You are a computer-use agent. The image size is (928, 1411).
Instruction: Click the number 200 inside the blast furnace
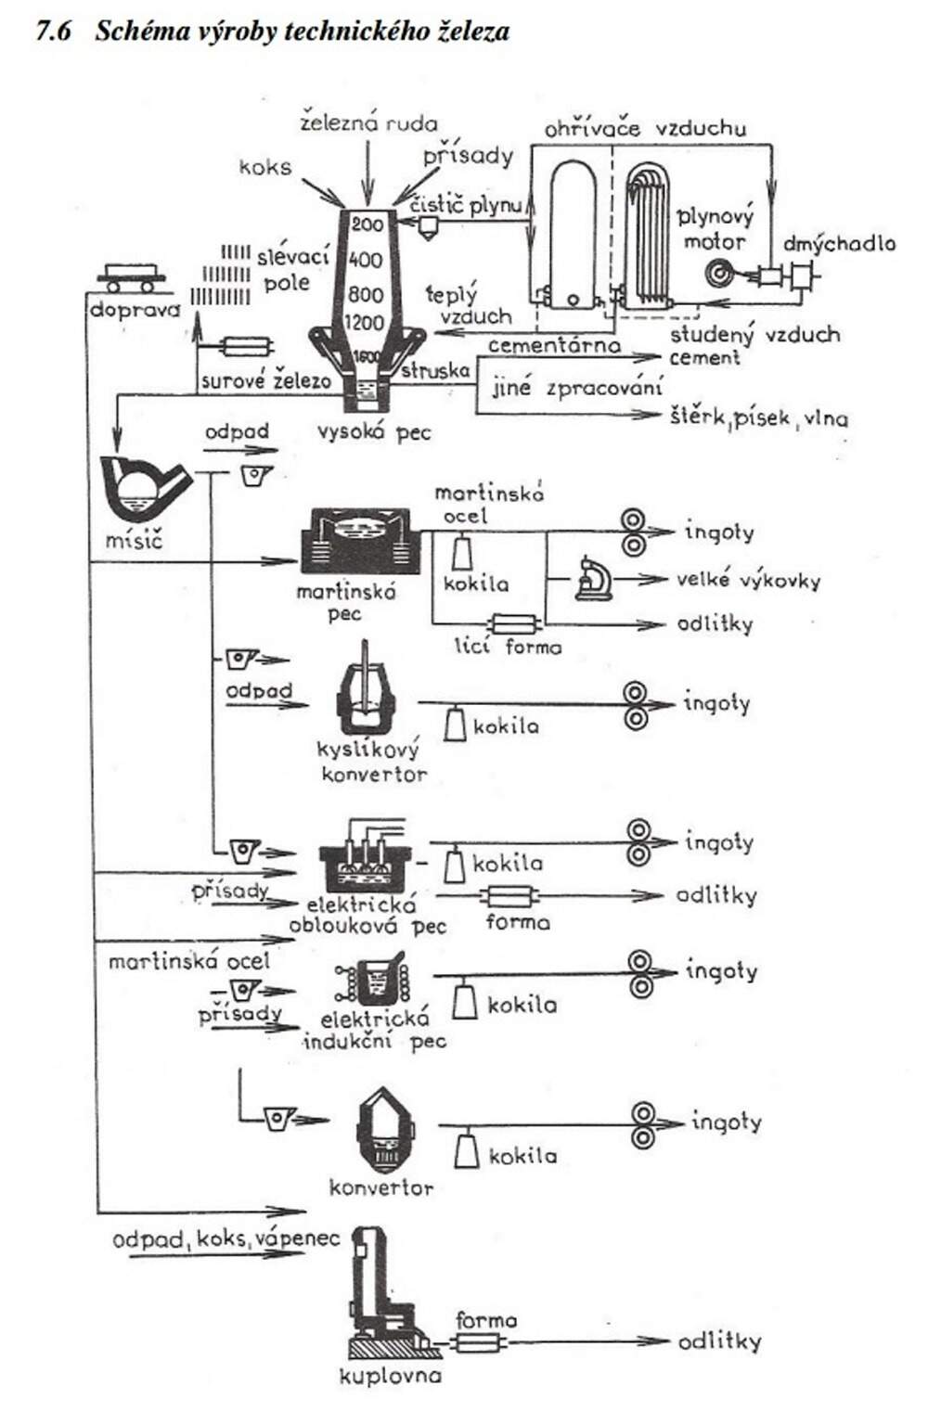coord(367,224)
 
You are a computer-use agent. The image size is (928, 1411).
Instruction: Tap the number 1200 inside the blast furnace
coord(365,323)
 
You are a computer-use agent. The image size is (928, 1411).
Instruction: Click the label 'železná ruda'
coord(368,122)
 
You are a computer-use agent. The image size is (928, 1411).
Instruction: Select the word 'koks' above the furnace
coord(265,168)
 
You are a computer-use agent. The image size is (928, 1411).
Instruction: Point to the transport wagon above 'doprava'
coord(132,275)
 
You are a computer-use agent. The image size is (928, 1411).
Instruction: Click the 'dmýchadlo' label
coord(839,244)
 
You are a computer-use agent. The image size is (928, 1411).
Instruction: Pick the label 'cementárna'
coord(554,345)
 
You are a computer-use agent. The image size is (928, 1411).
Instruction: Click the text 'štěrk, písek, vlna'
coord(758,418)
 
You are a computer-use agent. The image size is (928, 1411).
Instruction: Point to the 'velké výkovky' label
coord(748,581)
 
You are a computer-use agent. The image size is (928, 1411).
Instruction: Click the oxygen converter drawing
coord(366,691)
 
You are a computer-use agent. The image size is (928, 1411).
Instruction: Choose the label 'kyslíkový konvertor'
coord(372,762)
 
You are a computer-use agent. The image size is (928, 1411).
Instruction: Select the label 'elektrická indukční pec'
coord(375,1030)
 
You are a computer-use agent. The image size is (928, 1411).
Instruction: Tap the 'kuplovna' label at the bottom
coord(390,1376)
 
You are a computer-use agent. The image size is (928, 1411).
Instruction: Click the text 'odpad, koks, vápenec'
coord(226,1239)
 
